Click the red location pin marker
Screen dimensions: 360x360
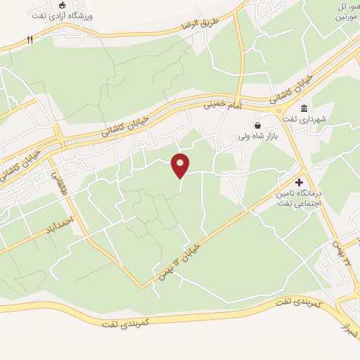[x=181, y=166]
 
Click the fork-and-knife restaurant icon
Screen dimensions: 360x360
[x=30, y=40]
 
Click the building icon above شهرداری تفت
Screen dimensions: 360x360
[x=304, y=108]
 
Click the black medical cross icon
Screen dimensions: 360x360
[x=299, y=181]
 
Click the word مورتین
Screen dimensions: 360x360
[x=349, y=15]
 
